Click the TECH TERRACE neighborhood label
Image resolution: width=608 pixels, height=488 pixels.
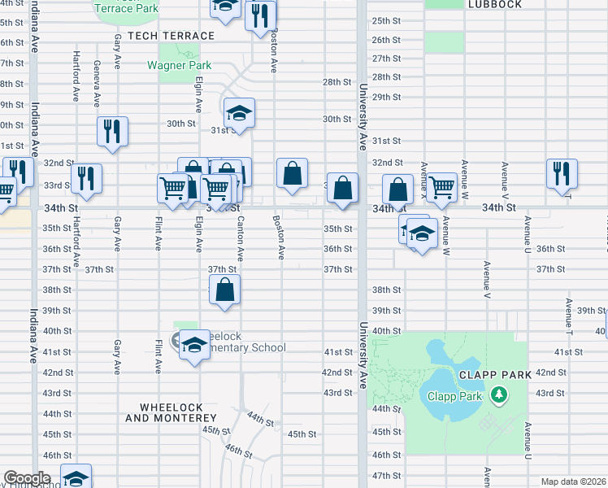(x=176, y=36)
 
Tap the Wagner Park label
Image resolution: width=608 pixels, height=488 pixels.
(x=185, y=65)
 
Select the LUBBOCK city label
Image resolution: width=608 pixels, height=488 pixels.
(x=494, y=4)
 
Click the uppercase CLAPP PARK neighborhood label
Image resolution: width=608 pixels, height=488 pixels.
(x=494, y=375)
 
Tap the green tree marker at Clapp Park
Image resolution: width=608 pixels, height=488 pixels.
(x=498, y=396)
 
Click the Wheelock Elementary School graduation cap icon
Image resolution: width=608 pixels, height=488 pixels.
(x=194, y=346)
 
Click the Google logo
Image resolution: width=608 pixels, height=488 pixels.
(x=27, y=478)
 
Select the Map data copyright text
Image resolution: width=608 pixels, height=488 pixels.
(x=573, y=481)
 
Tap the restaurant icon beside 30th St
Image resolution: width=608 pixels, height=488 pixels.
(x=112, y=131)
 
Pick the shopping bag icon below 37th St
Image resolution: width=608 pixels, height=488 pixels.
(x=225, y=290)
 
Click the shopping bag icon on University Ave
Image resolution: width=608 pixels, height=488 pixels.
(x=343, y=187)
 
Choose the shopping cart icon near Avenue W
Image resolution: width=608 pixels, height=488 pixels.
(x=441, y=186)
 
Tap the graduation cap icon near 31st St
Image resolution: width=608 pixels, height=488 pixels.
(x=239, y=113)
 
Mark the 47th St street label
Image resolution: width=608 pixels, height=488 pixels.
(x=385, y=475)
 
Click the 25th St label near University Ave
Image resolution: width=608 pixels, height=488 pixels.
(x=385, y=20)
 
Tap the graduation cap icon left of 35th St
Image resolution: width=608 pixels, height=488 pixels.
(x=422, y=234)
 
